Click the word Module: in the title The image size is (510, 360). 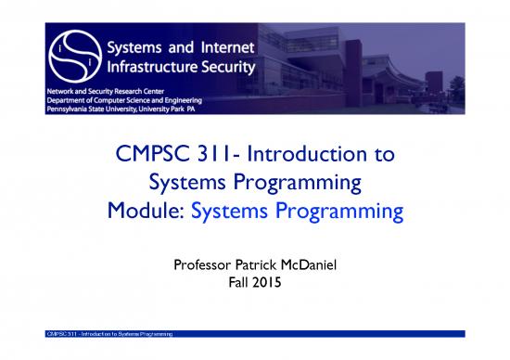click(x=145, y=212)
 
